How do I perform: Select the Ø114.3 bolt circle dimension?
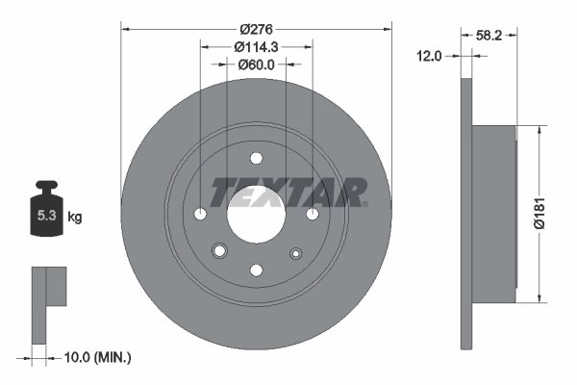(256, 45)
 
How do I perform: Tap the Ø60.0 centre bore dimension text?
(256, 64)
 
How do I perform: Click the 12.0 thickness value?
(429, 56)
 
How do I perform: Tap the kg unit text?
(75, 218)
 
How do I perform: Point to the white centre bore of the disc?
(256, 215)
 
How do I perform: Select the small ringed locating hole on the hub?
(220, 251)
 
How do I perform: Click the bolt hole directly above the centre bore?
(256, 160)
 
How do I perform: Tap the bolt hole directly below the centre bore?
(256, 270)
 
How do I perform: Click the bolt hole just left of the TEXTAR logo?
(200, 215)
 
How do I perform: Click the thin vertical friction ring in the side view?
(467, 215)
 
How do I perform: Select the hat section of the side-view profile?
(495, 214)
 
